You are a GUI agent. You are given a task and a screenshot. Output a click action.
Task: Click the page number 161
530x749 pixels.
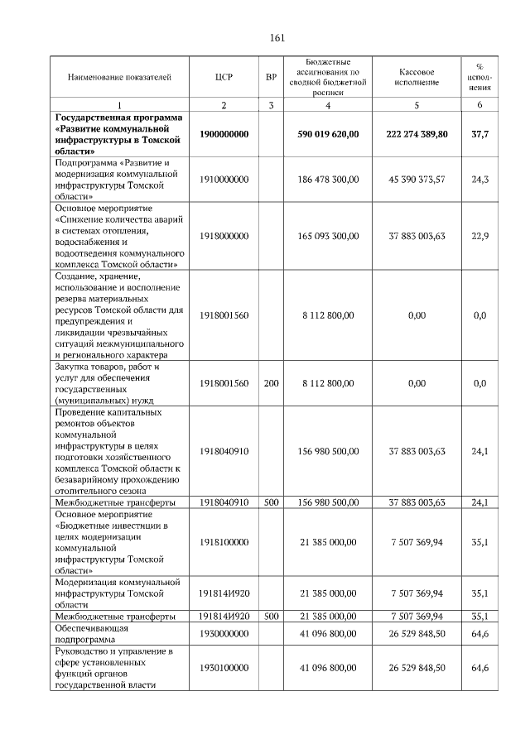tap(277, 38)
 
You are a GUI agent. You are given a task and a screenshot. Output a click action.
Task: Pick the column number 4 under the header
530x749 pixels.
tap(328, 105)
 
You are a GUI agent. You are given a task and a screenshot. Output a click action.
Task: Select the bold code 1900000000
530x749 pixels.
tap(224, 133)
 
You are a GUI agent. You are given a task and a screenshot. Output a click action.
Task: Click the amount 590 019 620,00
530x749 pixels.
tap(328, 133)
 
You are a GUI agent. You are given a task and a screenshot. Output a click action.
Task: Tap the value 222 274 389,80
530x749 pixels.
tap(417, 133)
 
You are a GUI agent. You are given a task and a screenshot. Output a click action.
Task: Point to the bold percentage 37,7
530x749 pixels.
tap(479, 133)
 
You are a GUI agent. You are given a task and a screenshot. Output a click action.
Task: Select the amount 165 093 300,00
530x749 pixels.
tap(328, 236)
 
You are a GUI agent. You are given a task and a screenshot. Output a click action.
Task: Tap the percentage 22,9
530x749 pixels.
tap(479, 236)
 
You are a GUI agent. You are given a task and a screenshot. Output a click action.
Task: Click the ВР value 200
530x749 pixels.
tap(271, 383)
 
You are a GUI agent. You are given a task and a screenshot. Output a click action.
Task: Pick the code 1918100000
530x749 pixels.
tap(224, 542)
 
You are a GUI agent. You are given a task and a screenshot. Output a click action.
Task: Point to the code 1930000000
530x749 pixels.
tap(224, 633)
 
